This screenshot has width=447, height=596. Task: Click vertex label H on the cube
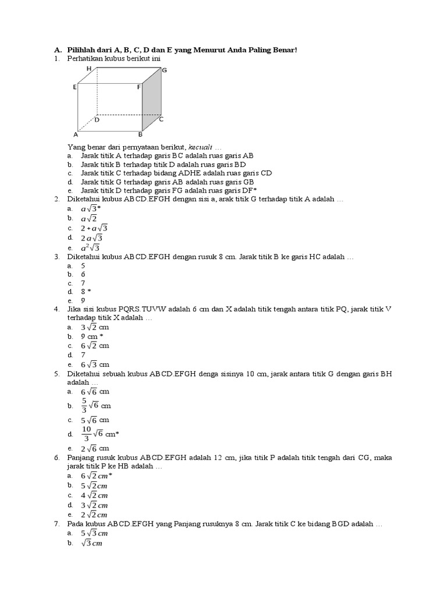click(x=89, y=68)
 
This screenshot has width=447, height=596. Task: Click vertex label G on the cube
click(x=165, y=70)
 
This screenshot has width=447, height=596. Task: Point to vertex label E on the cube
click(x=74, y=87)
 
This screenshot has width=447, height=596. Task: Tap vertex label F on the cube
click(x=139, y=87)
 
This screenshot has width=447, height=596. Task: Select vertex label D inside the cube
click(x=97, y=120)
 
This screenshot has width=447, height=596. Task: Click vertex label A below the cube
click(x=76, y=134)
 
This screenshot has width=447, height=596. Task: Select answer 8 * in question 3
click(x=86, y=291)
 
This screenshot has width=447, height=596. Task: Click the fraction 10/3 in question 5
click(x=87, y=434)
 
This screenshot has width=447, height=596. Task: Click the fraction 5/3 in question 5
click(x=84, y=405)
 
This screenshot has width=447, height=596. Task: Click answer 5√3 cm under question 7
click(x=94, y=533)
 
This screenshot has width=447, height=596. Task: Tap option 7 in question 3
click(x=83, y=282)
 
